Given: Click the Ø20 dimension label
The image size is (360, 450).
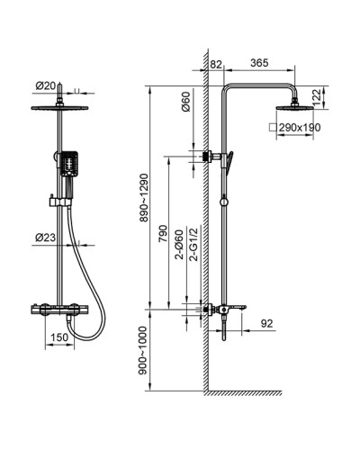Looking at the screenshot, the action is click(46, 86).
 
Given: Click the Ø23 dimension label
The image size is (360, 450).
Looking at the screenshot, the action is click(46, 238).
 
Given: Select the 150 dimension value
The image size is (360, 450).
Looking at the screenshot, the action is click(59, 337).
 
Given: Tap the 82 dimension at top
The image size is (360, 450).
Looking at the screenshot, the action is click(216, 64).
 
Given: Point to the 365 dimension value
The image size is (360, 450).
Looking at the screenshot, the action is click(259, 63).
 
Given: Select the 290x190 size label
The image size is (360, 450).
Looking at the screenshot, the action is click(300, 128).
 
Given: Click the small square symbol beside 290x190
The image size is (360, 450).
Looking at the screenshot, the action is click(273, 127).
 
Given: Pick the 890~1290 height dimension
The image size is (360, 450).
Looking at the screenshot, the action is click(144, 197).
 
